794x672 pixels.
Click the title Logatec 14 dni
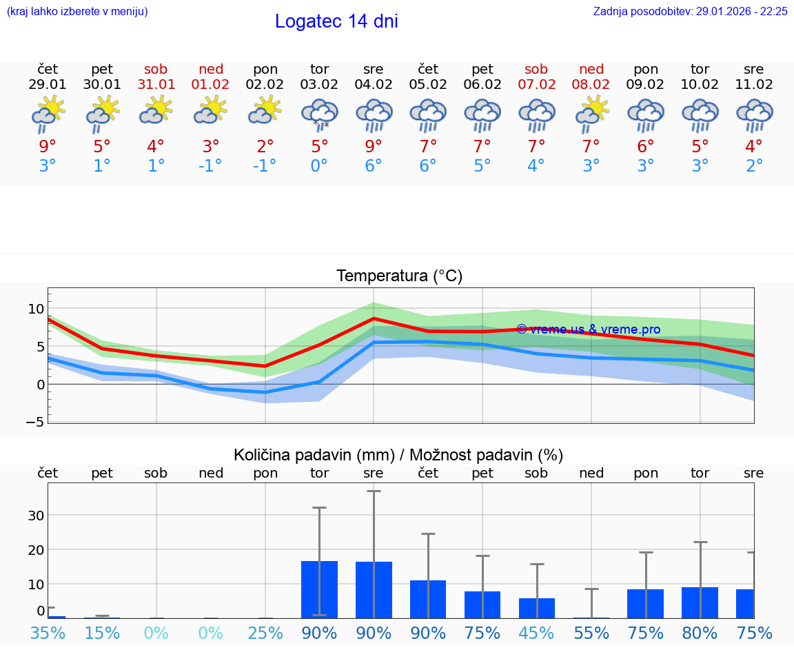(x=336, y=21)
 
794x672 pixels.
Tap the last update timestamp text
(x=690, y=12)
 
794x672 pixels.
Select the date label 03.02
(x=319, y=85)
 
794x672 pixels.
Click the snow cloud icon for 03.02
(x=319, y=114)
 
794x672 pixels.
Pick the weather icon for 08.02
(x=591, y=114)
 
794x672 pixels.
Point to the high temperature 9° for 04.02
(x=374, y=146)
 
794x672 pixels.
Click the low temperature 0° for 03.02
(x=319, y=165)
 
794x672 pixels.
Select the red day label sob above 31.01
(x=156, y=69)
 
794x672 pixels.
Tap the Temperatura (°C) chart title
(x=399, y=276)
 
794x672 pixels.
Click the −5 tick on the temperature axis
(x=34, y=422)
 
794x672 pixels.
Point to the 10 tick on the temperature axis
(x=36, y=308)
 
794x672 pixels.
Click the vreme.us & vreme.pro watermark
(x=588, y=329)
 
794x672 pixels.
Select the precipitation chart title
(x=398, y=455)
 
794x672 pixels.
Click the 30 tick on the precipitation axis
(x=36, y=516)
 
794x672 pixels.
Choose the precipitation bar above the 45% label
(x=537, y=608)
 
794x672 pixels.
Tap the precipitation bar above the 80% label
(x=700, y=602)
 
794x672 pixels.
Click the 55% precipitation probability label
(x=591, y=633)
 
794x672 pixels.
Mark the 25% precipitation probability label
(x=265, y=633)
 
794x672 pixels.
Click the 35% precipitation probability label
(x=48, y=633)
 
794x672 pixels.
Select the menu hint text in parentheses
(x=77, y=12)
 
